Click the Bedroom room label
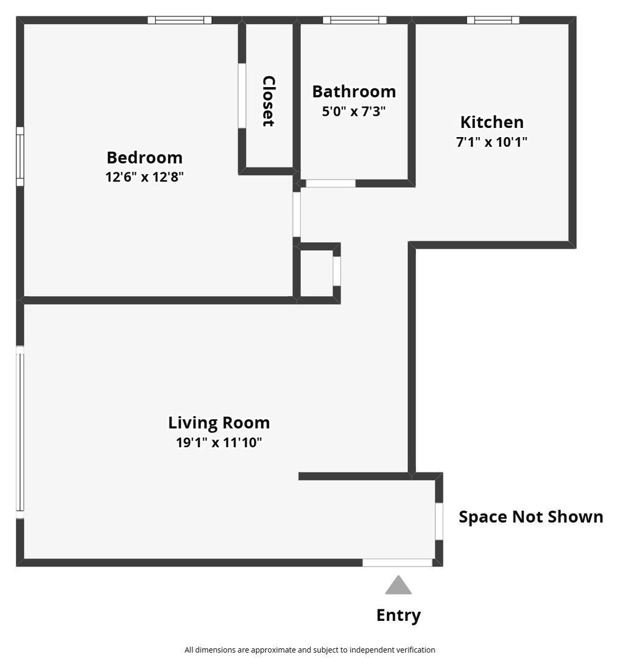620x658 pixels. (x=144, y=157)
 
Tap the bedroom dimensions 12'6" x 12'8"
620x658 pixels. (x=144, y=177)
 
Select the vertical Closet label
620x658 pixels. (x=269, y=101)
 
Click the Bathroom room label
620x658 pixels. (x=354, y=91)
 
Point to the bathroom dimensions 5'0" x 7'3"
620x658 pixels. (x=354, y=111)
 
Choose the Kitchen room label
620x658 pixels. (x=491, y=122)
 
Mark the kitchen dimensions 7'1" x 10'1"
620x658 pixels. (x=491, y=143)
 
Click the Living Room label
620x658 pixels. (x=219, y=422)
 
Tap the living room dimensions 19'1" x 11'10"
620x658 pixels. (x=219, y=443)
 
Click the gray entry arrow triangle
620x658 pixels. (x=398, y=585)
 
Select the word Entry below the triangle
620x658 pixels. (x=398, y=615)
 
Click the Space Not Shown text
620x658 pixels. (x=530, y=517)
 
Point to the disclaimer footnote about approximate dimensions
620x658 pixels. (x=309, y=649)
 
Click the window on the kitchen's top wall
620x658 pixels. (x=493, y=20)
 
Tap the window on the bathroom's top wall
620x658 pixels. (x=354, y=20)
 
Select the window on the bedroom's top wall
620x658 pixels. (x=180, y=20)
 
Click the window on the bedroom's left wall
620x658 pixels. (x=20, y=157)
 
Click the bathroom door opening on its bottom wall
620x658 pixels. (x=330, y=183)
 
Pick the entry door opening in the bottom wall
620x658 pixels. (x=398, y=563)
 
